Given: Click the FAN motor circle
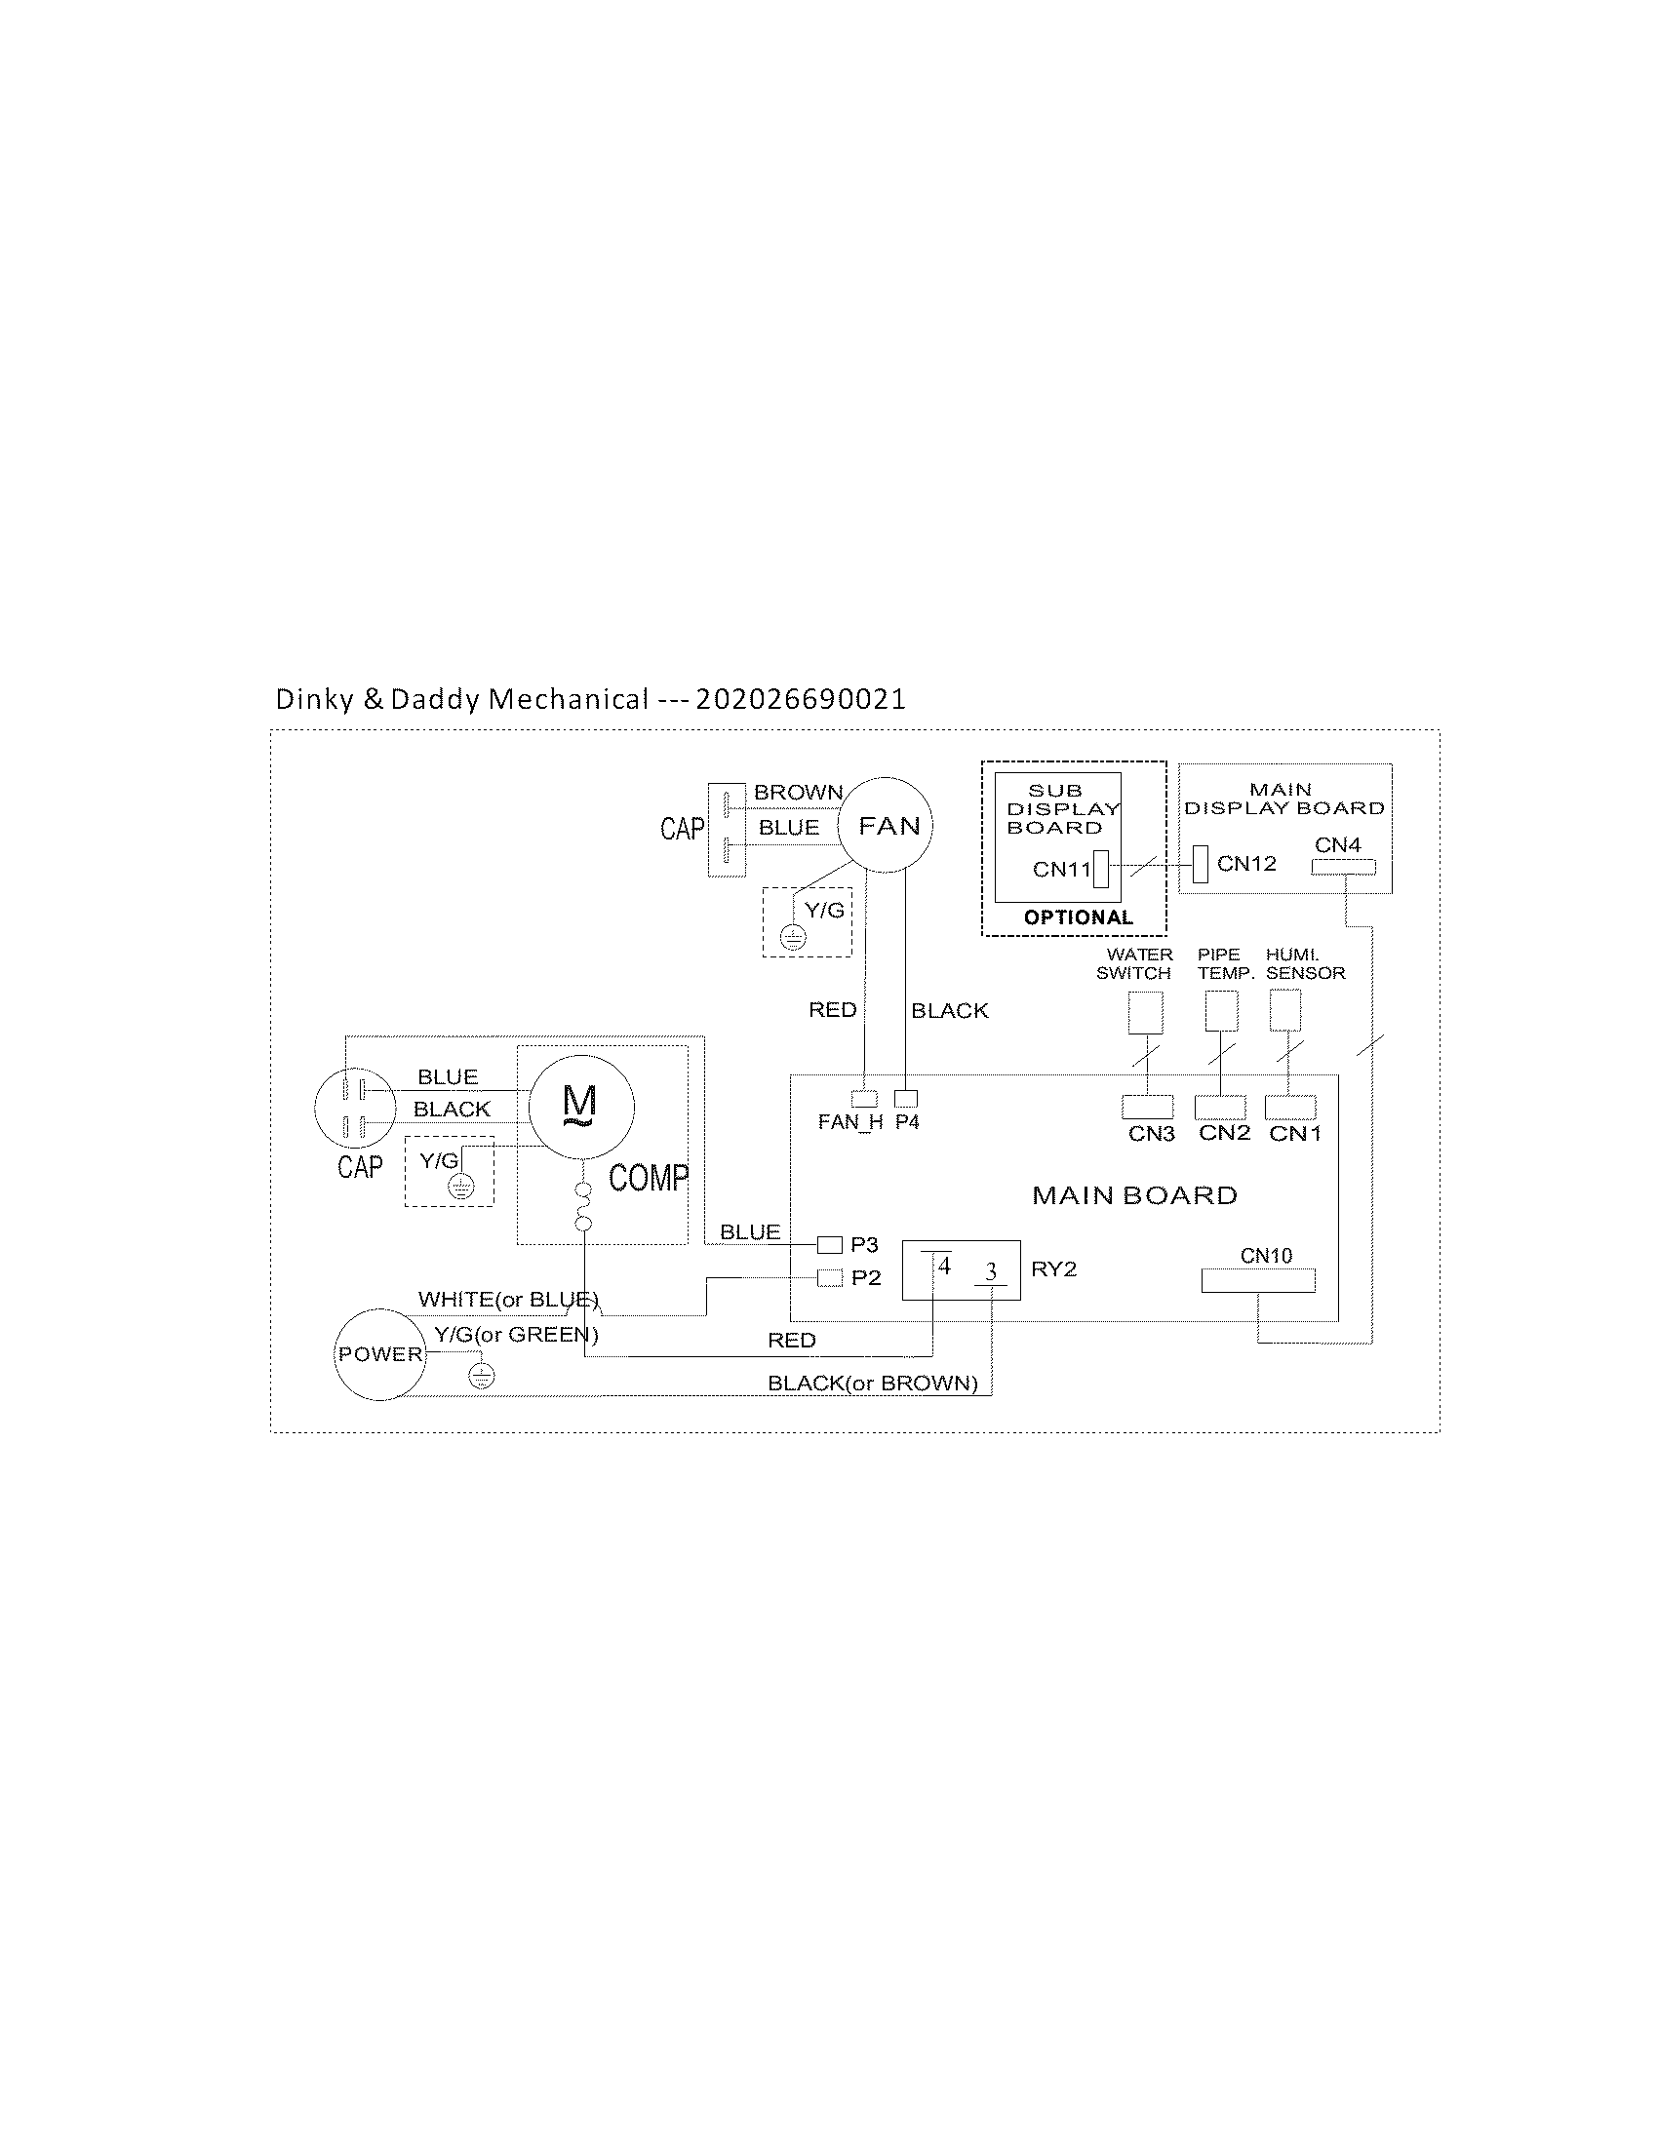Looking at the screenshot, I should tap(885, 825).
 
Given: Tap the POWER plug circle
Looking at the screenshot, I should tap(379, 1354).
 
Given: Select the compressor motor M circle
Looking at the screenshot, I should tap(581, 1106).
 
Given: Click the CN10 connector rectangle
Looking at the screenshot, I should tap(1257, 1281).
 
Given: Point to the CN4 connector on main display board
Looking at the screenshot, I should tap(1343, 867).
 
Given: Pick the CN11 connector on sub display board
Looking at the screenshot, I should tap(1100, 870).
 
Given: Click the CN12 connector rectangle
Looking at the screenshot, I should tap(1200, 864).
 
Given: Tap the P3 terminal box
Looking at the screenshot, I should tap(830, 1245).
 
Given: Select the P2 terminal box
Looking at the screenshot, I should tap(830, 1278).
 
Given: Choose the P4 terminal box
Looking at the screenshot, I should tap(906, 1099).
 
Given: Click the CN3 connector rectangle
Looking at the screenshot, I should tap(1147, 1107).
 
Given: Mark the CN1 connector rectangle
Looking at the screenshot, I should tap(1289, 1107).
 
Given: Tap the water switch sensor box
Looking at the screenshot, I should tap(1145, 1012).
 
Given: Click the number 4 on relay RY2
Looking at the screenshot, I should tap(944, 1266).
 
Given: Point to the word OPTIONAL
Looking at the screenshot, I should tap(1078, 917).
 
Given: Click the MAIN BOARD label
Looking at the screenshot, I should tap(1134, 1195).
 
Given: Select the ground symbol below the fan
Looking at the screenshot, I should tap(793, 938).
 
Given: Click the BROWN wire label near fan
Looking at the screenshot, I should tap(798, 792).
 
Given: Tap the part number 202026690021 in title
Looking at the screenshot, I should tap(800, 699).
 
